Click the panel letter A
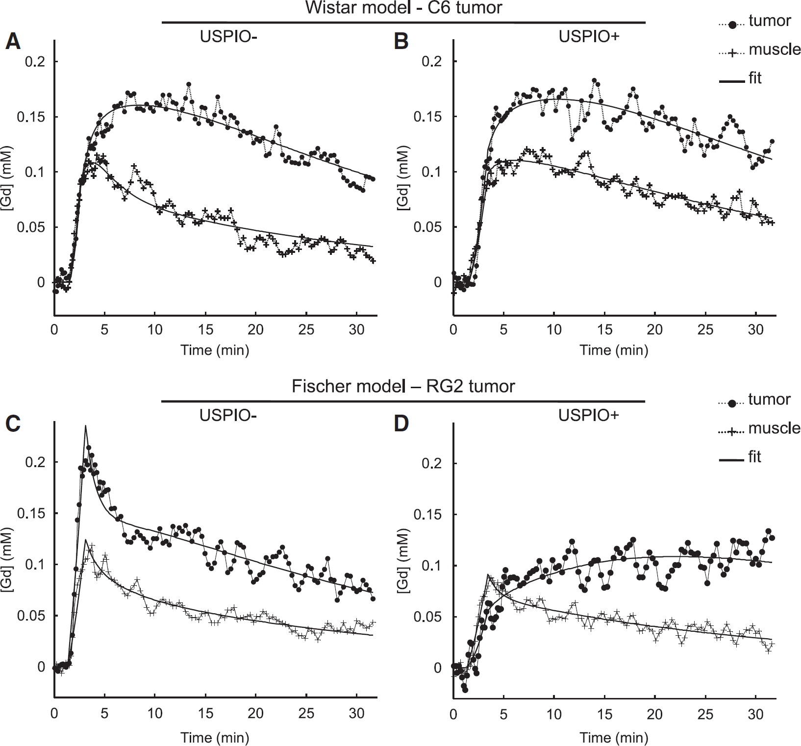click(13, 42)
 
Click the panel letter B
click(401, 42)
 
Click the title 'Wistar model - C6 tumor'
click(403, 8)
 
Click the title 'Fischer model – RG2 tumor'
click(403, 386)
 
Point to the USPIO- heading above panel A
click(228, 37)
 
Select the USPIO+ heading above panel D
click(589, 416)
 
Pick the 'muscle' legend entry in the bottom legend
click(774, 428)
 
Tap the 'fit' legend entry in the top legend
click(755, 78)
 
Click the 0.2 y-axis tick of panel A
click(34, 62)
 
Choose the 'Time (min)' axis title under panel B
click(614, 350)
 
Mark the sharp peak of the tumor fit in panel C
click(85, 426)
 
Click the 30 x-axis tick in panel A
click(357, 329)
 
